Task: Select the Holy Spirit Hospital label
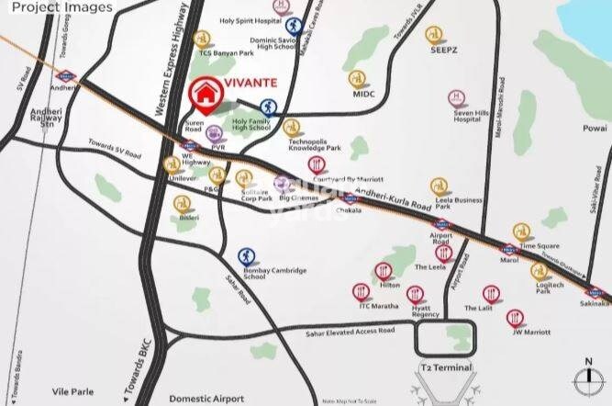[250, 20]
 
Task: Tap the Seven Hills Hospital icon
[456, 97]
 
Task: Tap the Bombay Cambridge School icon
[247, 256]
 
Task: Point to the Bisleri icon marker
[184, 203]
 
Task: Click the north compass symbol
[585, 379]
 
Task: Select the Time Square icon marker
[521, 232]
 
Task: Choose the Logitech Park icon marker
[540, 271]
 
